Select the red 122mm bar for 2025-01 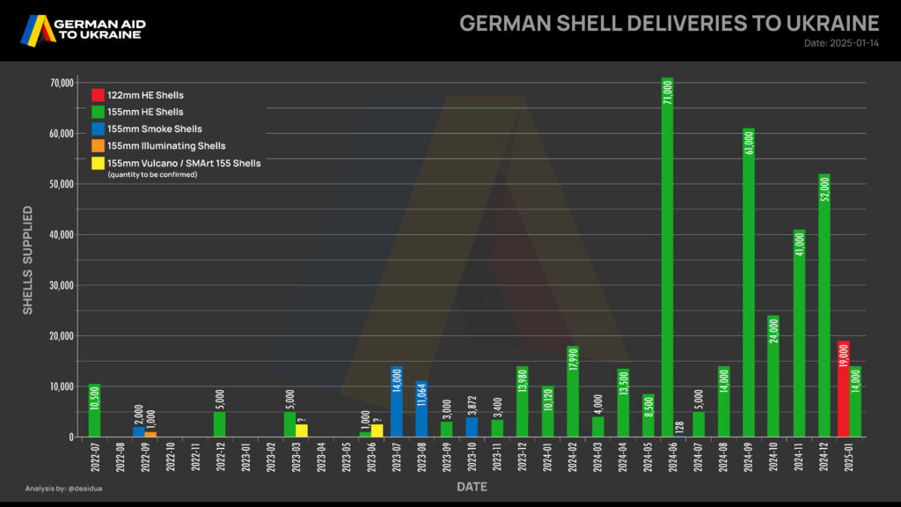843,388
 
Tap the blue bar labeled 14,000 396,401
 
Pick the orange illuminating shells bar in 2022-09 150,434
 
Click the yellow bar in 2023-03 302,430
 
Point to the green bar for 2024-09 748,283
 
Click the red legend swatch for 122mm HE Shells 99,95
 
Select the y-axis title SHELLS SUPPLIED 28,260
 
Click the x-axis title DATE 471,487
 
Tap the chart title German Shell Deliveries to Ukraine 669,23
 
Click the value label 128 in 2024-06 680,426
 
